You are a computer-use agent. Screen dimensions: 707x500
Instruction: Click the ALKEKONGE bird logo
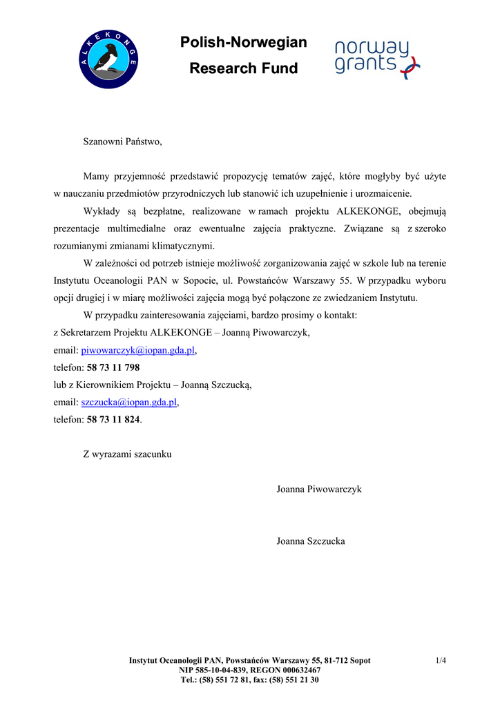[x=108, y=59]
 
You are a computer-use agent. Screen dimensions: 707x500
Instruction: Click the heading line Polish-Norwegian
[x=243, y=43]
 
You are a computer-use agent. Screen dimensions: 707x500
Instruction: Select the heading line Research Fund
[x=243, y=68]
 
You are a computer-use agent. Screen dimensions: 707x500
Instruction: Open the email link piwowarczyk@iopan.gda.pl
[x=138, y=350]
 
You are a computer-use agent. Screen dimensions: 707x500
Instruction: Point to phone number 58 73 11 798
[x=113, y=367]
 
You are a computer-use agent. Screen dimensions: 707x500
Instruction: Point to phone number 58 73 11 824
[x=113, y=419]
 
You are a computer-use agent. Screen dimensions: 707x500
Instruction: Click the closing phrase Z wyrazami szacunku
[x=127, y=454]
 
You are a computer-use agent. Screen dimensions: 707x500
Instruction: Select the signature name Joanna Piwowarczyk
[x=319, y=489]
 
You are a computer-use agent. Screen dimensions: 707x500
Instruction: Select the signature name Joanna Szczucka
[x=310, y=541]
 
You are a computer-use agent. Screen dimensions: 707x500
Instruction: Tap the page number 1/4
[x=441, y=661]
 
